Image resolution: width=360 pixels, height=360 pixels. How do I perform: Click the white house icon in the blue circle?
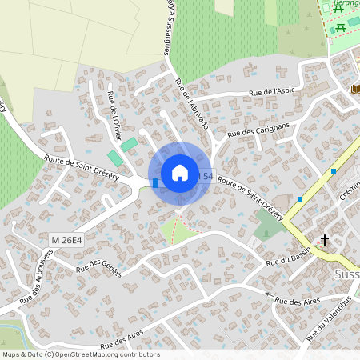click(180, 173)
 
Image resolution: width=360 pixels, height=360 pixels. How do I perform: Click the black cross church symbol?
click(325, 239)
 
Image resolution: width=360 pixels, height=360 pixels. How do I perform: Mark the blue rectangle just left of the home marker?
click(155, 183)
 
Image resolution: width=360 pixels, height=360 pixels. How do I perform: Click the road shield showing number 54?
click(208, 176)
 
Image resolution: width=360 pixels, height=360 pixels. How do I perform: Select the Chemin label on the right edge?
click(350, 190)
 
